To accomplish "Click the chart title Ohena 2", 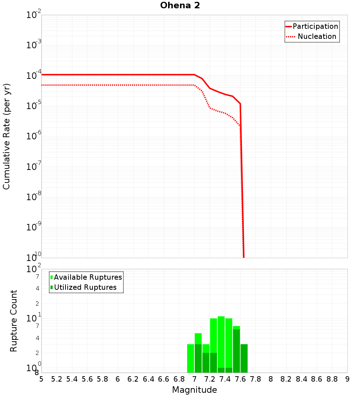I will (180, 6).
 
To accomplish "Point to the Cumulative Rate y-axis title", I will (6, 136).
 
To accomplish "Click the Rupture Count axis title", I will (14, 321).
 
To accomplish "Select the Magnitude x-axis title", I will (194, 390).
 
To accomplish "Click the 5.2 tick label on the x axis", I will (57, 379).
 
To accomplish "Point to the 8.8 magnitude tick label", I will (332, 379).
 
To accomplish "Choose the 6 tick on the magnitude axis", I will (118, 379).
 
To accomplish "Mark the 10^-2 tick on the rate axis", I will (34, 15).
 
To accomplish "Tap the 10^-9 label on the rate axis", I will (34, 228).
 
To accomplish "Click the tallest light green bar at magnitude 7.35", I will (221, 342).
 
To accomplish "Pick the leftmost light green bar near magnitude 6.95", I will (190, 358).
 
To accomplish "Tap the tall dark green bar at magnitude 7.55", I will (236, 351).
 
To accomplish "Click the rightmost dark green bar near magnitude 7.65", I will (244, 358).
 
